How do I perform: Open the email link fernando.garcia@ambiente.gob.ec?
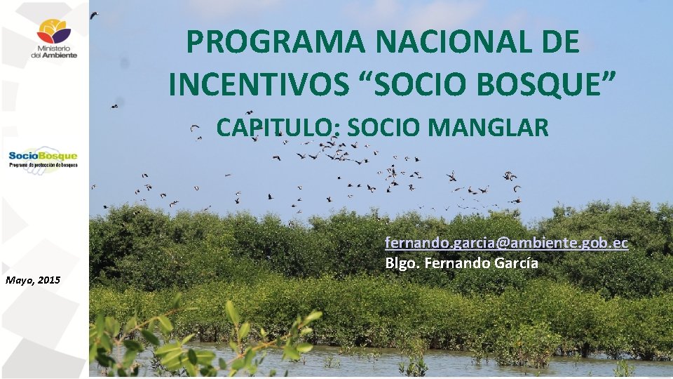pos(505,243)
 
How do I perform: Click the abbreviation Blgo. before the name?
pos(401,264)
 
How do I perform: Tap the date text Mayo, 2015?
pos(32,280)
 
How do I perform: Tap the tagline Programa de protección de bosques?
pos(43,165)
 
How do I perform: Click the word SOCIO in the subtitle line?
pos(383,128)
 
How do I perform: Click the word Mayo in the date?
pos(18,280)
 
